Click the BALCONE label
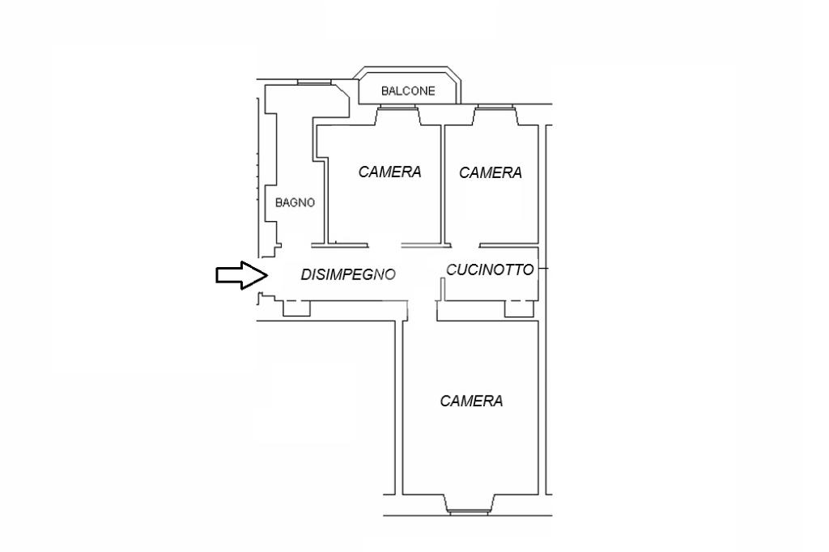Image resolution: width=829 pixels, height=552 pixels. pyautogui.click(x=408, y=91)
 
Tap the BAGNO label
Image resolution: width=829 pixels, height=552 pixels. pyautogui.click(x=295, y=202)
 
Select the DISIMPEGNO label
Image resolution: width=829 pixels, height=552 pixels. pyautogui.click(x=348, y=274)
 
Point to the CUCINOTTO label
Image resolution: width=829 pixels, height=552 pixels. pyautogui.click(x=490, y=270)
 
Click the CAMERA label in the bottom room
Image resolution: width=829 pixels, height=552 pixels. pyautogui.click(x=471, y=401)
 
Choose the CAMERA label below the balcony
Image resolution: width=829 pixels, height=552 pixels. pyautogui.click(x=389, y=172)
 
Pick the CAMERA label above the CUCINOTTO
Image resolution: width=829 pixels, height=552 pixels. pyautogui.click(x=490, y=172)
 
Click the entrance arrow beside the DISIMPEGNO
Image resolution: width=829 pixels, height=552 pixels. pyautogui.click(x=241, y=275)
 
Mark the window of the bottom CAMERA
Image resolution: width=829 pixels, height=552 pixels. pyautogui.click(x=468, y=512)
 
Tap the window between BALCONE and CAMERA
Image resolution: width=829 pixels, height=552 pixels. pyautogui.click(x=397, y=108)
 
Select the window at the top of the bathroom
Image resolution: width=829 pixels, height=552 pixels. pyautogui.click(x=314, y=82)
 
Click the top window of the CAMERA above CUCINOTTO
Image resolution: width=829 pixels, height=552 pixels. pyautogui.click(x=495, y=108)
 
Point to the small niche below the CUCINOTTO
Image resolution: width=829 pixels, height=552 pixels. pyautogui.click(x=519, y=309)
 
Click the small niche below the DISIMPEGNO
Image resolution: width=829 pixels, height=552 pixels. pyautogui.click(x=296, y=308)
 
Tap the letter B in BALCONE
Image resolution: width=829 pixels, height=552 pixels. pyautogui.click(x=385, y=91)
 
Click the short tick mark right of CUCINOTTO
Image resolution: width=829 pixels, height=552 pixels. pyautogui.click(x=543, y=270)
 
